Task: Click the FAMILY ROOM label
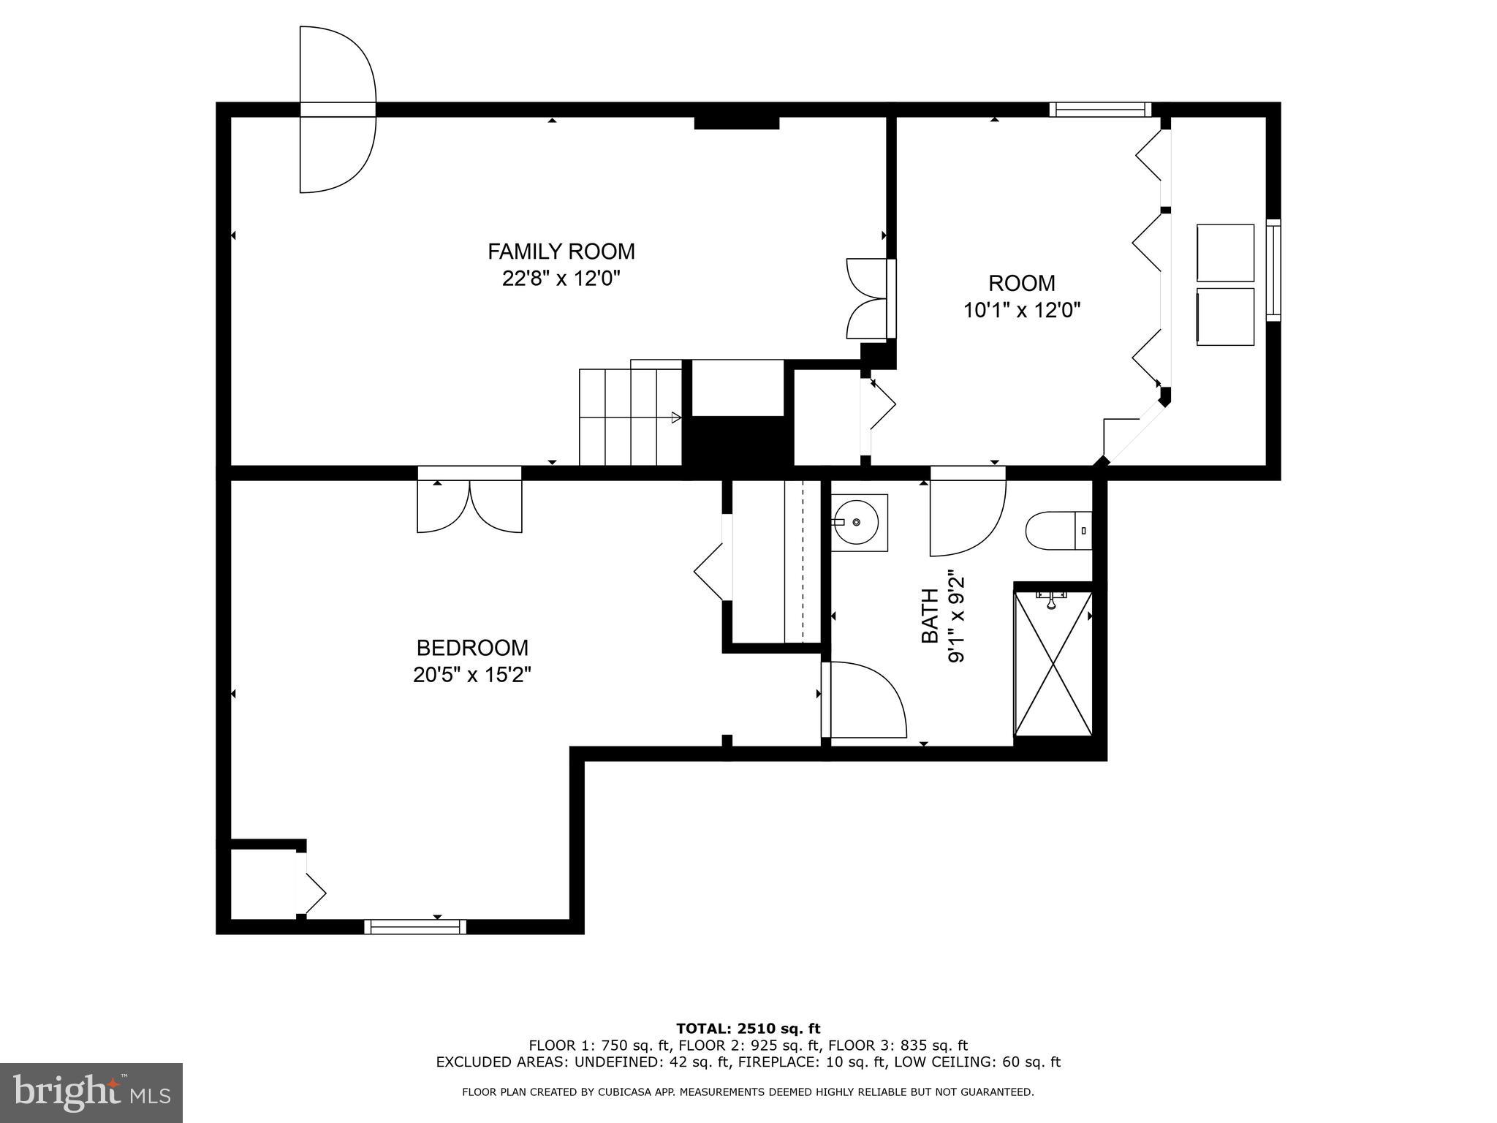(561, 252)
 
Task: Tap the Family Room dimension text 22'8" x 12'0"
(561, 279)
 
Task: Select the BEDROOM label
(472, 648)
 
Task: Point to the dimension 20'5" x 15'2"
(472, 674)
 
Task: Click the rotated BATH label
(929, 616)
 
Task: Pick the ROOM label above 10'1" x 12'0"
(1021, 283)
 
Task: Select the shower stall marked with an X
(1053, 664)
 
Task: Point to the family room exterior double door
(337, 110)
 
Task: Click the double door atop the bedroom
(469, 504)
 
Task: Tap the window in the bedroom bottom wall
(415, 926)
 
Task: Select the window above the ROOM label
(1100, 110)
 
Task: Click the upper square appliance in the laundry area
(1225, 252)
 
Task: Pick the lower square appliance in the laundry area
(1225, 316)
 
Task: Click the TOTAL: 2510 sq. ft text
(748, 1029)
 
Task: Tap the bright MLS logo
(91, 1092)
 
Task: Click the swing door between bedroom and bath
(863, 700)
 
